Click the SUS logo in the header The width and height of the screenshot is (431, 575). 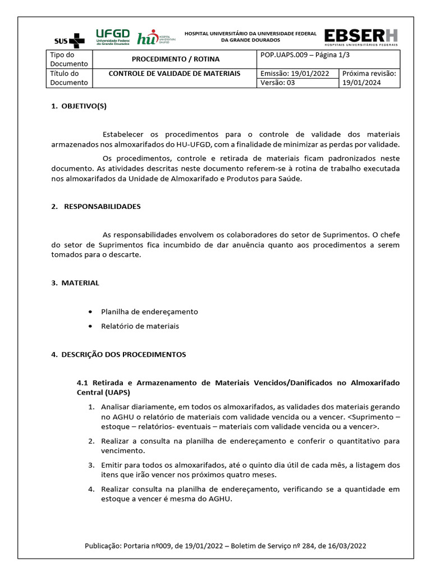click(69, 40)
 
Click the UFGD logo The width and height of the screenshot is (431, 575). click(112, 36)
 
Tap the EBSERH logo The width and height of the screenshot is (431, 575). click(361, 36)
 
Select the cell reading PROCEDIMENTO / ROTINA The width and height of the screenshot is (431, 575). click(175, 59)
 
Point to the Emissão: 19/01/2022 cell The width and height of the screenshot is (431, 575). click(297, 74)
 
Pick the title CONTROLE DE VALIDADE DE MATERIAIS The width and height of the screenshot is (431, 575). click(174, 74)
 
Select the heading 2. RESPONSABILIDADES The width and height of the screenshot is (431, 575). click(95, 206)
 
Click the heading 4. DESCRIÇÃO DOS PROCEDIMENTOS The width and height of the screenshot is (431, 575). click(118, 355)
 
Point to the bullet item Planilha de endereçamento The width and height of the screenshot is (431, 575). click(149, 312)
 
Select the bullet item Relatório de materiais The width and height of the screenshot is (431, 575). click(140, 326)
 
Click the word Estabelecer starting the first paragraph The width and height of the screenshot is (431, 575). click(123, 134)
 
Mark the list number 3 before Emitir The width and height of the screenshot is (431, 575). click(91, 465)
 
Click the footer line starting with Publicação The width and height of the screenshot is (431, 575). click(225, 546)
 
